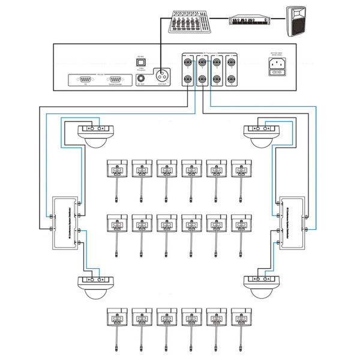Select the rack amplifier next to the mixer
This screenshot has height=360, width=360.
point(249,20)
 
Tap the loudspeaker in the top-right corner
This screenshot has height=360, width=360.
point(300,20)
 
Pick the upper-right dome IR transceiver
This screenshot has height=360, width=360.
point(261,136)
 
